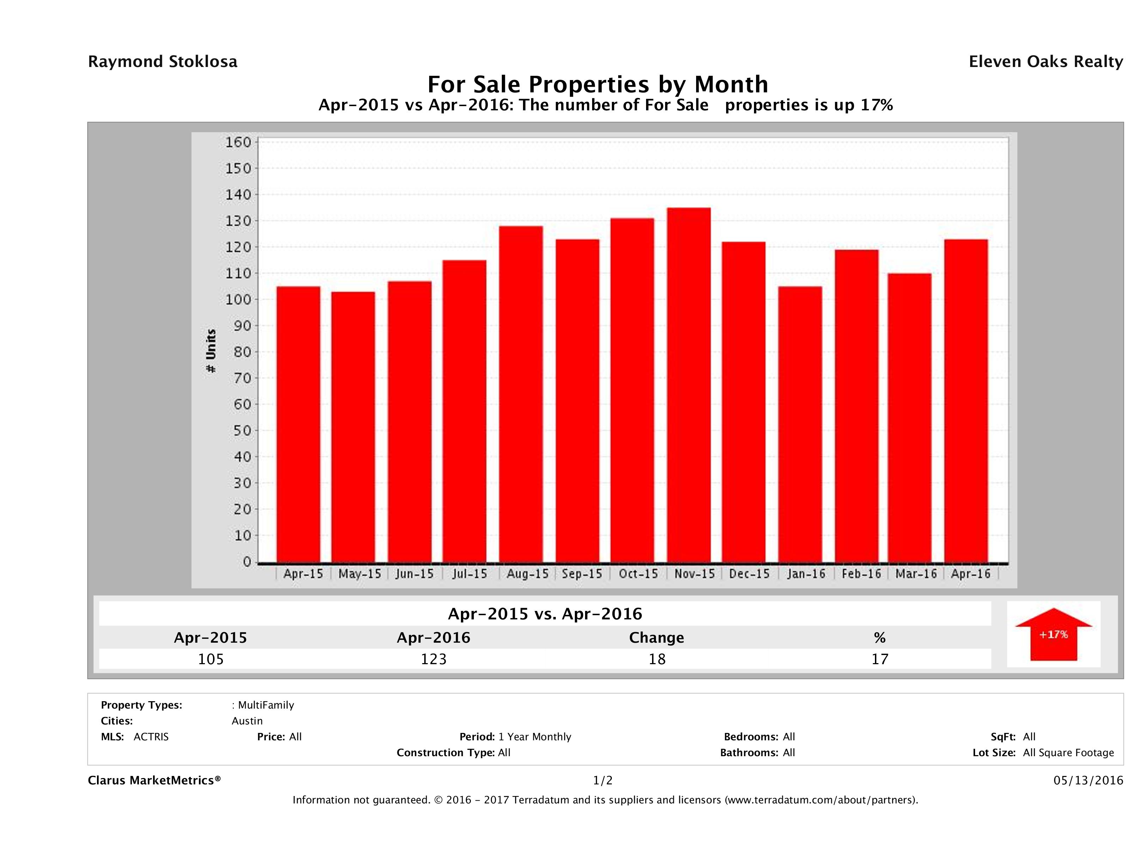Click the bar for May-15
[x=353, y=427]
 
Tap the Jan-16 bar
[x=800, y=424]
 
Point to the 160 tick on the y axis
[x=238, y=142]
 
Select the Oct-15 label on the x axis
[x=638, y=574]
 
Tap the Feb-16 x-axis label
[x=861, y=574]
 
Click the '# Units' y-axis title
[x=211, y=351]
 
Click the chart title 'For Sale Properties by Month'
[x=598, y=84]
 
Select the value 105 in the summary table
[x=211, y=659]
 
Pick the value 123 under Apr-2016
[x=434, y=659]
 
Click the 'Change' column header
[x=657, y=638]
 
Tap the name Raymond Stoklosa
[x=163, y=62]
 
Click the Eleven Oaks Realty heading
[x=1045, y=62]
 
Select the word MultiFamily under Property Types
[x=266, y=705]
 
